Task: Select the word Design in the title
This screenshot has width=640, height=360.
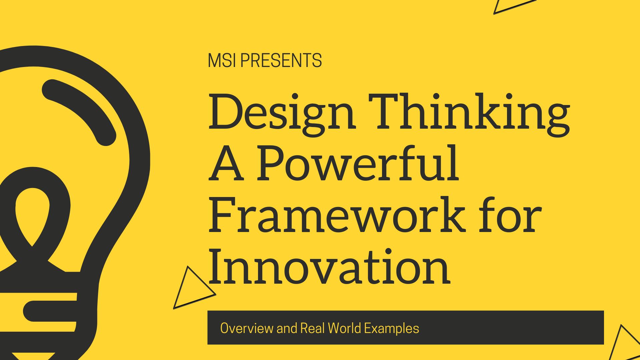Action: pos(282,112)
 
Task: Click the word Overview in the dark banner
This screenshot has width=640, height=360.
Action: pos(247,328)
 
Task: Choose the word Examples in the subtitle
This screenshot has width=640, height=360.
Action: pos(391,329)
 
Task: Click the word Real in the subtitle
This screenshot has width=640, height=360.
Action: pos(313,328)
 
